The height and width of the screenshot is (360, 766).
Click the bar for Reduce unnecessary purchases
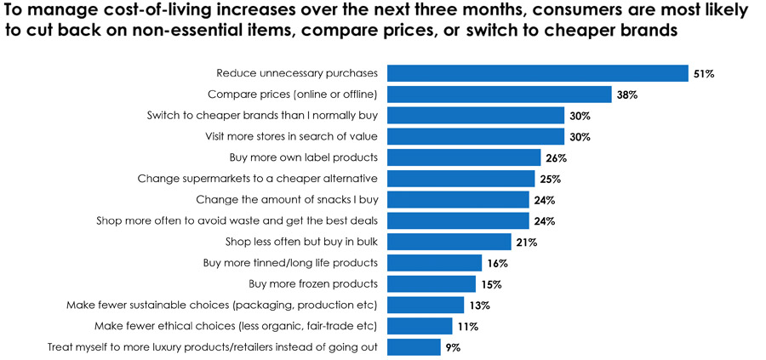click(x=538, y=73)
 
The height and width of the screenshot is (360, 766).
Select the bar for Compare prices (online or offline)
click(x=500, y=94)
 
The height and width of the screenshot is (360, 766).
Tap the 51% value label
click(x=703, y=74)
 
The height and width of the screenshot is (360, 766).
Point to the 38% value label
click(x=627, y=94)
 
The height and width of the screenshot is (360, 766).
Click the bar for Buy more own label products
click(x=464, y=157)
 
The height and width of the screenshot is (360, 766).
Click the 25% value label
click(x=550, y=179)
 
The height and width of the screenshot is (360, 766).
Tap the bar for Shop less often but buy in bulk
click(x=449, y=242)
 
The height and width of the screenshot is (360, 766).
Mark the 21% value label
click(x=526, y=243)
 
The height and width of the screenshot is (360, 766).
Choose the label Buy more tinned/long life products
click(x=292, y=263)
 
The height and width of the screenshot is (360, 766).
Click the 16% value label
click(x=496, y=263)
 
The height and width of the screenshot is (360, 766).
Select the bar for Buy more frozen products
click(x=432, y=283)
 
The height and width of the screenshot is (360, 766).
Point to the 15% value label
click(x=490, y=284)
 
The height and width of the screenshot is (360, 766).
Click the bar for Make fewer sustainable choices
click(x=426, y=305)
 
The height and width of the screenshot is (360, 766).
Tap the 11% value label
click(x=466, y=326)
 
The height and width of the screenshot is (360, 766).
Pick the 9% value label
click(x=454, y=347)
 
